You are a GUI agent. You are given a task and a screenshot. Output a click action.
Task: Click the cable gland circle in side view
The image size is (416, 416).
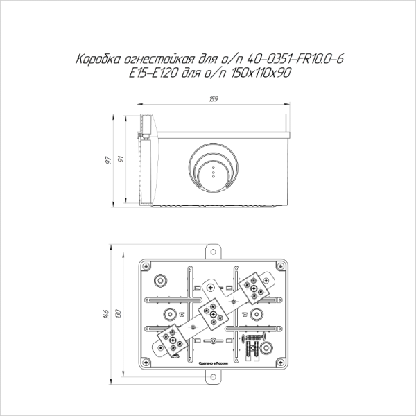tap(214, 168)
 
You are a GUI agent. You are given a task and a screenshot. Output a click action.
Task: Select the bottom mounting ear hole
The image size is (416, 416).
tap(214, 378)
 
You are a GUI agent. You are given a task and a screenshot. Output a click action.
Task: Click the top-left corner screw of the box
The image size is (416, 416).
tap(146, 266)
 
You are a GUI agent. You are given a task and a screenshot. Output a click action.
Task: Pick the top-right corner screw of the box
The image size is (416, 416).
tap(281, 266)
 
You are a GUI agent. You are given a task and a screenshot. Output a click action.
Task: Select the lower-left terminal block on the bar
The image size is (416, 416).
tap(171, 339)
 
